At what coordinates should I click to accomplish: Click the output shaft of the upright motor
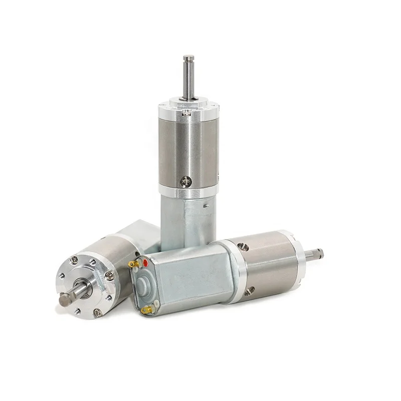188,78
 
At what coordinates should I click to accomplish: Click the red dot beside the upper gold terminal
145,262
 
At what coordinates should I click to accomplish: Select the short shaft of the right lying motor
314,255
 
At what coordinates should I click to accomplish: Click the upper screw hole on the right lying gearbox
244,247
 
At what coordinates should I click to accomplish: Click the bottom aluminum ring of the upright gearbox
188,190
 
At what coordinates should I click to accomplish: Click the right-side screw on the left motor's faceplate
110,275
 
